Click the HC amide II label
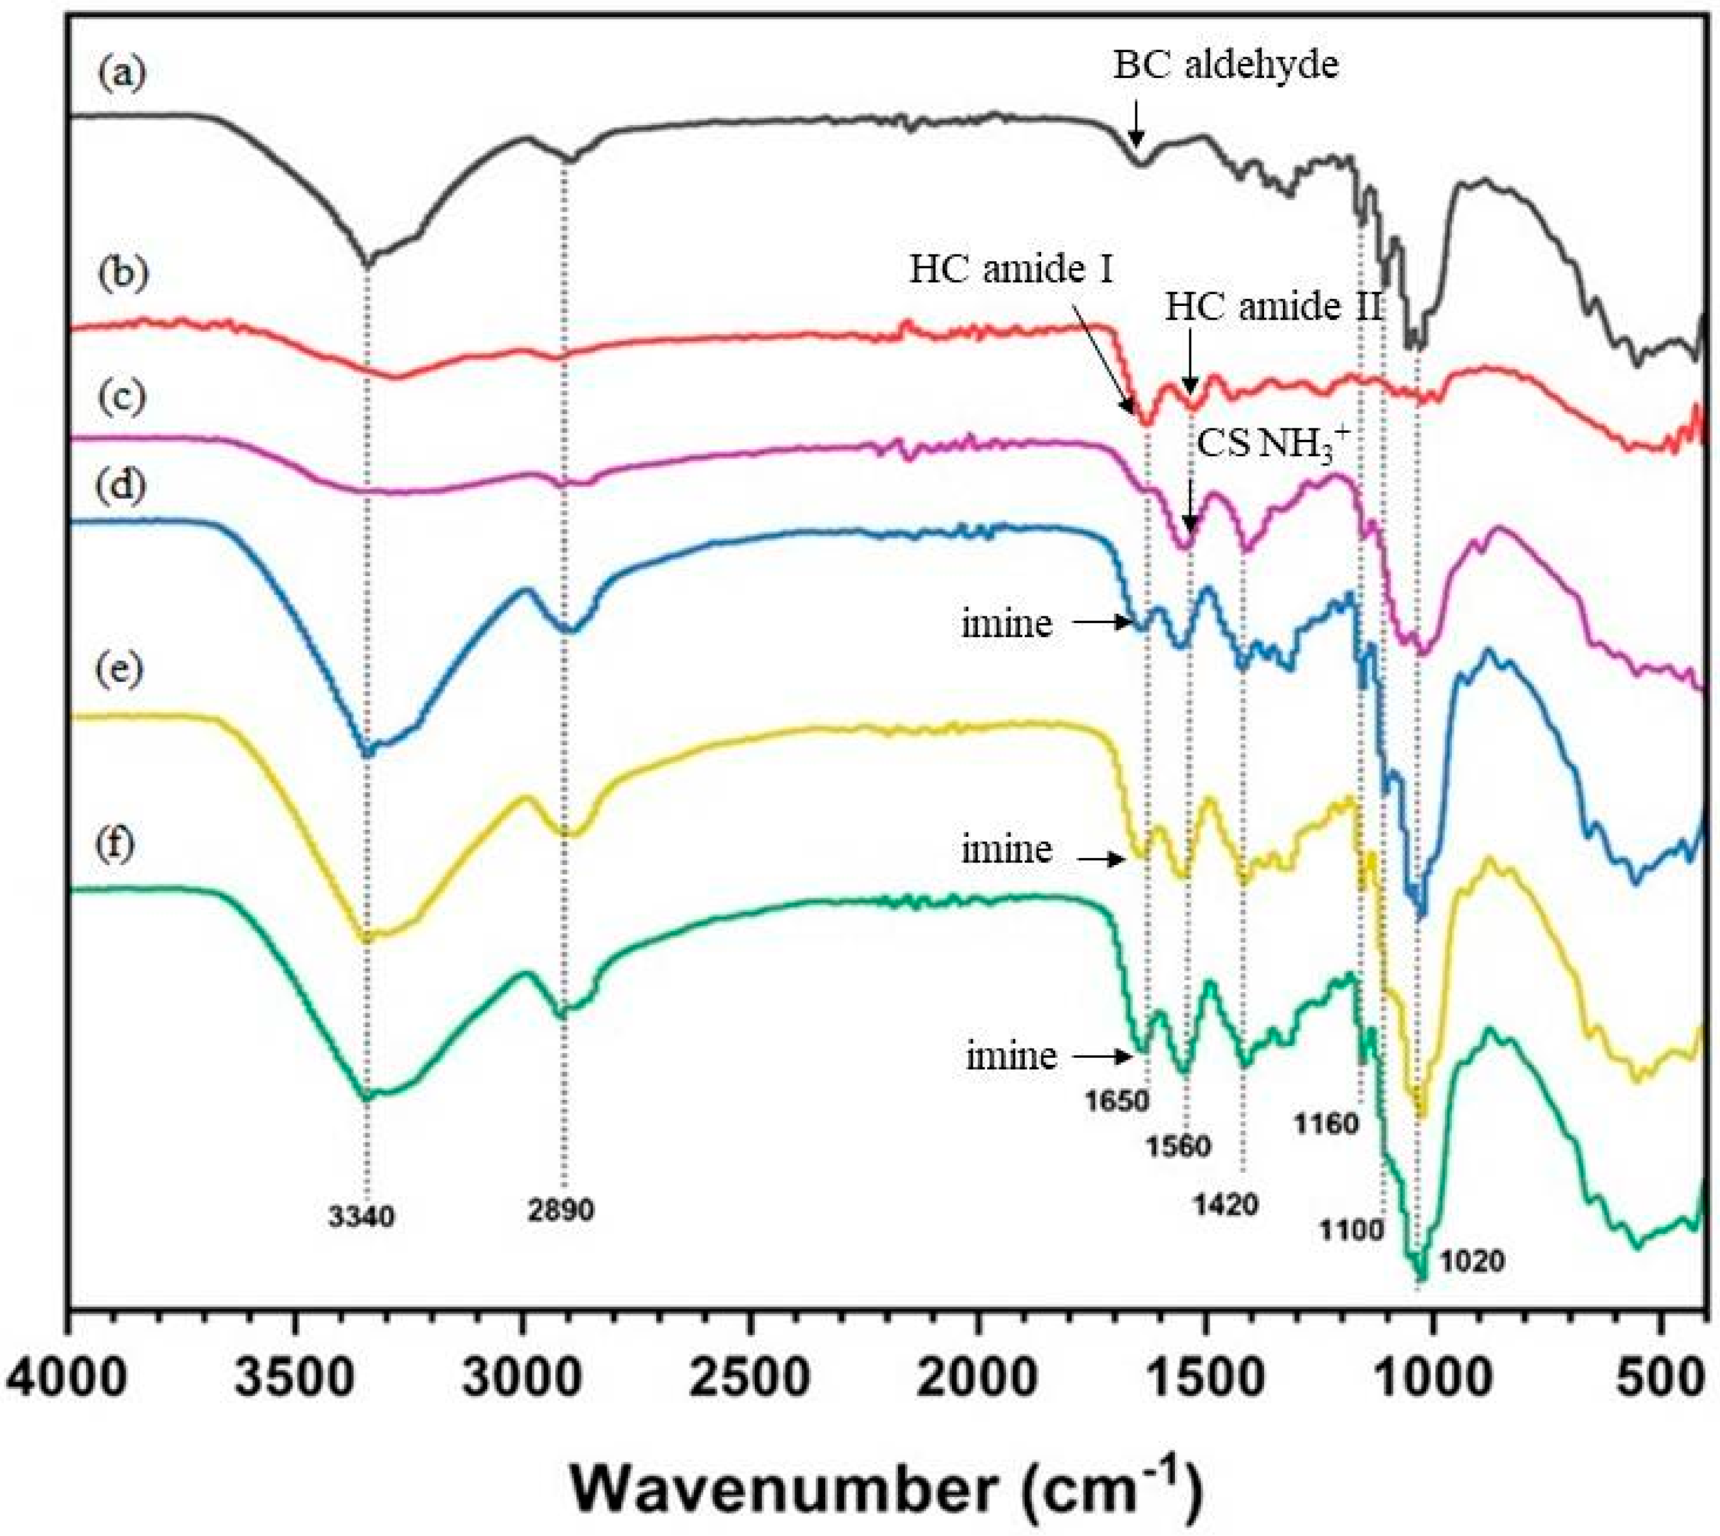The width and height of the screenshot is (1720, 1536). [1274, 308]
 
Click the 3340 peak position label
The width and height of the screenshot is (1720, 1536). [361, 1217]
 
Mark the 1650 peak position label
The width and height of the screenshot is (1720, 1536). [1118, 1101]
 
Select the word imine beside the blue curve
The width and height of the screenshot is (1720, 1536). [1007, 624]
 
